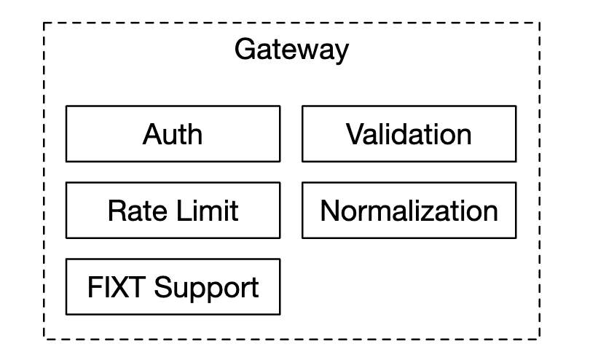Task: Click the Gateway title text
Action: [x=291, y=50]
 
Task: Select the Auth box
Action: [x=173, y=133]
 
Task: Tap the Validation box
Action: [x=409, y=133]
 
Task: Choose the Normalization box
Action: [x=409, y=211]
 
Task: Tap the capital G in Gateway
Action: [x=244, y=50]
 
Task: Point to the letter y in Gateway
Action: [x=341, y=52]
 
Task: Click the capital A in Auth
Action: [x=151, y=133]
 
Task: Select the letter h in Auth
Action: [x=194, y=133]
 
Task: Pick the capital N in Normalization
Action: [x=330, y=211]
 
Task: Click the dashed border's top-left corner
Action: [x=44, y=23]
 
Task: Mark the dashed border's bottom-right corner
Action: [x=540, y=338]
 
